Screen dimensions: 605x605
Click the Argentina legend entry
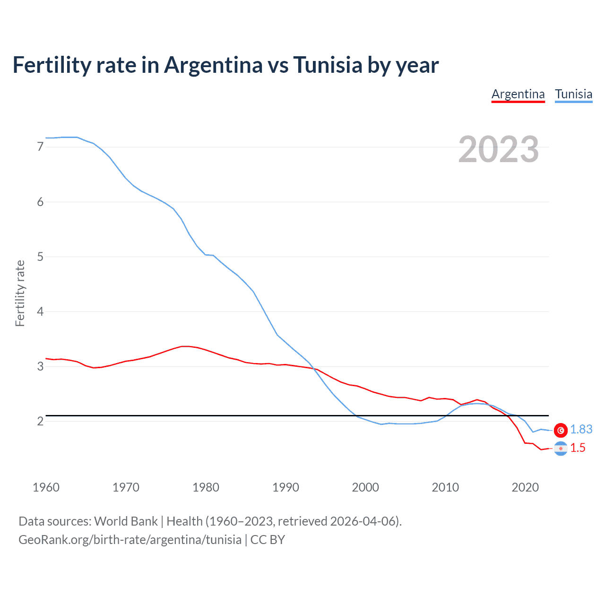coord(518,94)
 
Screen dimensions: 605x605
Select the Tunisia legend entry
coord(573,94)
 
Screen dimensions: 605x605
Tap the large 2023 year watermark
coord(499,149)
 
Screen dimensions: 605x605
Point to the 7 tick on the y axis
coord(40,147)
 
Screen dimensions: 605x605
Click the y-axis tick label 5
coord(40,257)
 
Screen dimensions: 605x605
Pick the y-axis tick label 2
coord(40,421)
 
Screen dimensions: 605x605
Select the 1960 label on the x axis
coord(46,487)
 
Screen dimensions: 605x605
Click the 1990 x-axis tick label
coord(285,487)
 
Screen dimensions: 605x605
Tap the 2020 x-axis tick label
coord(525,487)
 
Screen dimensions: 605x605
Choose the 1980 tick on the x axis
coord(206,487)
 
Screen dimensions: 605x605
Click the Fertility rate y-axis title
coord(20,293)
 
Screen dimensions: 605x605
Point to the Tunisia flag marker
coord(561,430)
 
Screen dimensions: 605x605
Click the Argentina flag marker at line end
coord(561,448)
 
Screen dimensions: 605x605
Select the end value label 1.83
coord(581,429)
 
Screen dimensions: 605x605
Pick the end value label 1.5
coord(578,448)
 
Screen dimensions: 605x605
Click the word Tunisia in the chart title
coord(328,65)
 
